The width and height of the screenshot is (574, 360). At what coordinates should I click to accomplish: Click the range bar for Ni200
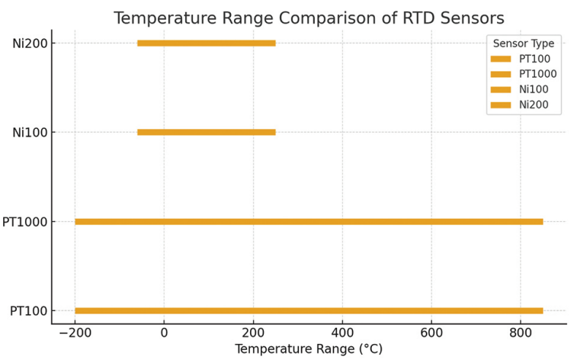coord(206,43)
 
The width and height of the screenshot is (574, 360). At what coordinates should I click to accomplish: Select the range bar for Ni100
coord(206,133)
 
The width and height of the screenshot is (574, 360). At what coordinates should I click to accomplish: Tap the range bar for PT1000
coord(309,222)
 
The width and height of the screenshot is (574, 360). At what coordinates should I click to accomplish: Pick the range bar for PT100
coord(309,310)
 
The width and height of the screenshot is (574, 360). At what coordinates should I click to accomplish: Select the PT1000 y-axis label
coord(24,222)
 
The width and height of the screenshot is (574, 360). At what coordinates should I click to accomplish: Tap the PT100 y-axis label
coord(27,310)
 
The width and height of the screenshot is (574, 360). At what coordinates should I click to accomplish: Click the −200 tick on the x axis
coord(74,333)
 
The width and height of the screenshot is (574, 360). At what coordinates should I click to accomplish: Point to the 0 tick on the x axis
coord(164,333)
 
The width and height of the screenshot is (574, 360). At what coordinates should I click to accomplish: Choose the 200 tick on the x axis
coord(253,333)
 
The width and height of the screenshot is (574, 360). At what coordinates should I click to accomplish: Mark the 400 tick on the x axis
coord(342,333)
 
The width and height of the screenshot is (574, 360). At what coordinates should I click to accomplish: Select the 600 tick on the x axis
coord(431,333)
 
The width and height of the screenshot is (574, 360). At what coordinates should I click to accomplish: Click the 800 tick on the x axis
coord(521,333)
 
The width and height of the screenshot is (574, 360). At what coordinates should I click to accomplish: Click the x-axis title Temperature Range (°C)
coord(309,349)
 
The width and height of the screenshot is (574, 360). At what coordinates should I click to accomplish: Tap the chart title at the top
coord(309,18)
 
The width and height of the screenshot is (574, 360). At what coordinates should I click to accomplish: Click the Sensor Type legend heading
coord(524,44)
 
